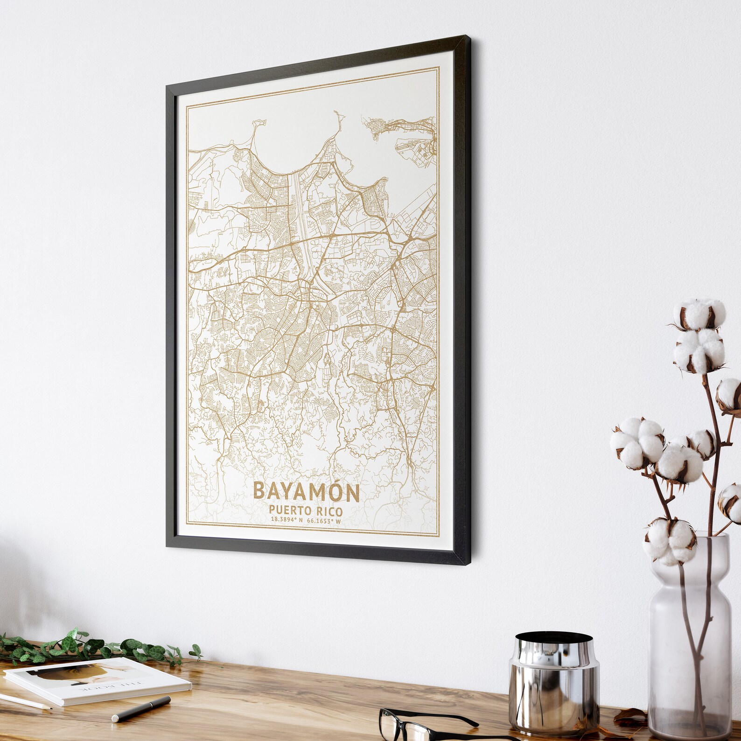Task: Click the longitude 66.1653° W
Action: [324, 521]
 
